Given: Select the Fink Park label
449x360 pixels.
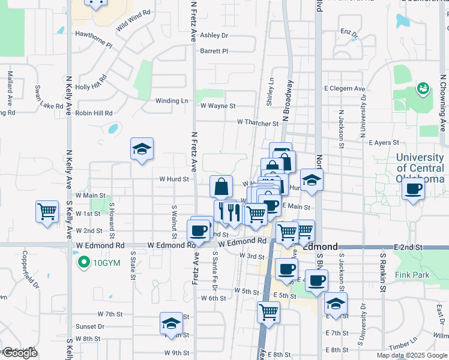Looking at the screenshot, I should pyautogui.click(x=412, y=275).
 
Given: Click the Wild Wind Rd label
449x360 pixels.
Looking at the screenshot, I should pyautogui.click(x=133, y=21).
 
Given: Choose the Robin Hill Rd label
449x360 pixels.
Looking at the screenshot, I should pyautogui.click(x=94, y=113).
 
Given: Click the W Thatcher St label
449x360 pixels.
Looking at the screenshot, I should pyautogui.click(x=258, y=122).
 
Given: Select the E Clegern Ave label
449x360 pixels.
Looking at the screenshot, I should pyautogui.click(x=345, y=89).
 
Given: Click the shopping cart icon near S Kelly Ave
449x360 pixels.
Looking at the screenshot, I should pyautogui.click(x=47, y=212).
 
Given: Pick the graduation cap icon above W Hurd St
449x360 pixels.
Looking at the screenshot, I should pyautogui.click(x=142, y=149).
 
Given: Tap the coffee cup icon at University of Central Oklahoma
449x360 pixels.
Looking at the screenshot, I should pyautogui.click(x=412, y=190).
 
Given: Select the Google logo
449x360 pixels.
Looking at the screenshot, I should pyautogui.click(x=20, y=353).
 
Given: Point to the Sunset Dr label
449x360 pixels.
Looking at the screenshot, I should pyautogui.click(x=90, y=327).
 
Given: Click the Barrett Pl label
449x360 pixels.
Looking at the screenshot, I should pyautogui.click(x=214, y=51).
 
